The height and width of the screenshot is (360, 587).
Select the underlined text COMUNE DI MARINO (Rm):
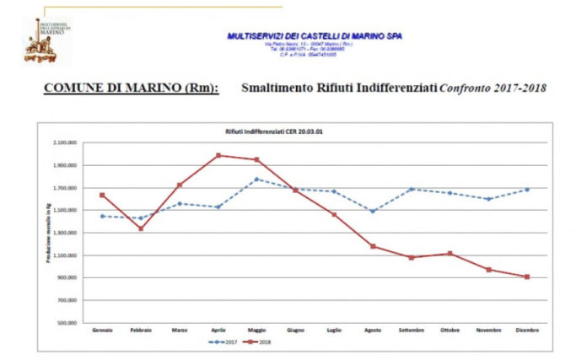click(131, 88)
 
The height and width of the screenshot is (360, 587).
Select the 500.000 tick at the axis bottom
click(67, 323)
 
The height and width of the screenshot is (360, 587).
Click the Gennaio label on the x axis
click(102, 330)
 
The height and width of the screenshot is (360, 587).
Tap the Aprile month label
click(218, 330)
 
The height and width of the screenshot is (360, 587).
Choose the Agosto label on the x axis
click(372, 330)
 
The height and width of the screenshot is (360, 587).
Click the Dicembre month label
click(526, 330)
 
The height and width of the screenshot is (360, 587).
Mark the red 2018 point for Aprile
click(218, 155)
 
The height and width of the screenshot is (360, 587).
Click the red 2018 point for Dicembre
click(526, 277)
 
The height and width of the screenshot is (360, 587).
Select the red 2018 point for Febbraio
click(141, 228)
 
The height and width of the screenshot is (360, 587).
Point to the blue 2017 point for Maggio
click(256, 179)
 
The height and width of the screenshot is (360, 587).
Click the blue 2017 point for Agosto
click(372, 211)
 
